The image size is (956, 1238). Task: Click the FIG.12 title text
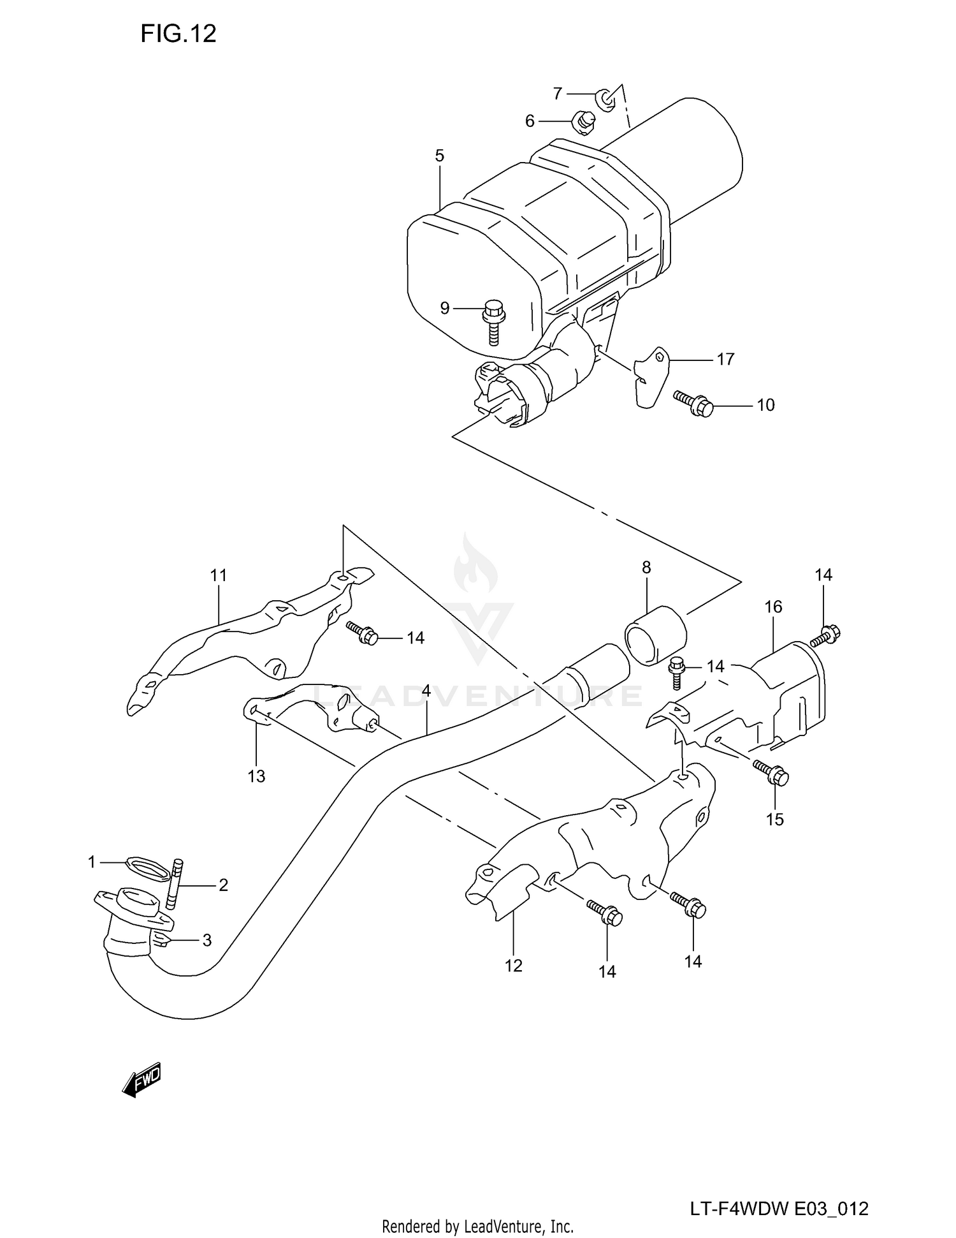(x=178, y=33)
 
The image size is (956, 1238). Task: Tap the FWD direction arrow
(x=141, y=1080)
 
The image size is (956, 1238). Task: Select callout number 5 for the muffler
(x=440, y=156)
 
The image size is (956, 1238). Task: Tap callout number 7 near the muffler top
(x=558, y=94)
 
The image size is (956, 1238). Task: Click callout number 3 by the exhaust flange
(x=206, y=940)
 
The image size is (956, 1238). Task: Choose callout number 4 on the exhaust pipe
(x=426, y=691)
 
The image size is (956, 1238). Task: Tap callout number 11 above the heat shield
(x=219, y=575)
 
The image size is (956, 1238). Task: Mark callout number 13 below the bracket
(x=256, y=776)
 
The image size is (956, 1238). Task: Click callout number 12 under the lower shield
(x=514, y=966)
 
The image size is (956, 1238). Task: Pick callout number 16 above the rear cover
(x=773, y=607)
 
